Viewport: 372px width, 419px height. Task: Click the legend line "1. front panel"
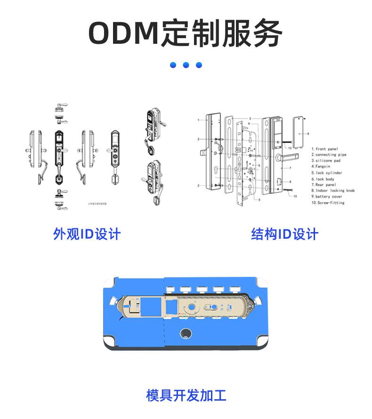(x=324, y=149)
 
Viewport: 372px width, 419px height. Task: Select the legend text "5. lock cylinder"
(x=326, y=173)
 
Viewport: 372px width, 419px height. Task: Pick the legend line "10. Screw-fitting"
(x=328, y=203)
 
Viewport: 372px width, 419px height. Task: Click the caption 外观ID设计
(x=87, y=234)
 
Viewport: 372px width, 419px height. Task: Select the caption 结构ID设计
(x=284, y=234)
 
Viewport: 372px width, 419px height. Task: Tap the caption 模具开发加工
(x=186, y=395)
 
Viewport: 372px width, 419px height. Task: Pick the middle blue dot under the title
(x=186, y=65)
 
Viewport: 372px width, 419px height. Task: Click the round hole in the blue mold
(x=186, y=333)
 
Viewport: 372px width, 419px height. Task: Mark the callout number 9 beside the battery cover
(x=307, y=134)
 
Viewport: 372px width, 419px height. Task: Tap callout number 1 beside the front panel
(x=199, y=121)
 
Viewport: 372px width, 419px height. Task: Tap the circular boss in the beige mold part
(x=192, y=308)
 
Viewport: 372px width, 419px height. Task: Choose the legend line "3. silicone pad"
(x=326, y=161)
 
